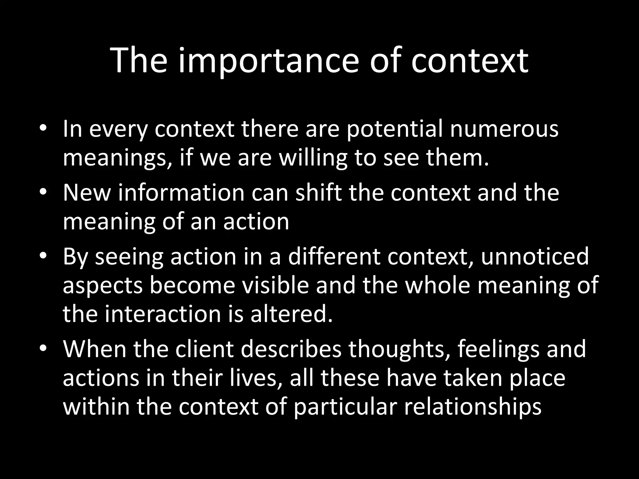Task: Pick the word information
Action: click(181, 192)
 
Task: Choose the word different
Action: click(334, 256)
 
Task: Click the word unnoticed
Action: click(535, 256)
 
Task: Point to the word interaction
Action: click(163, 314)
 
